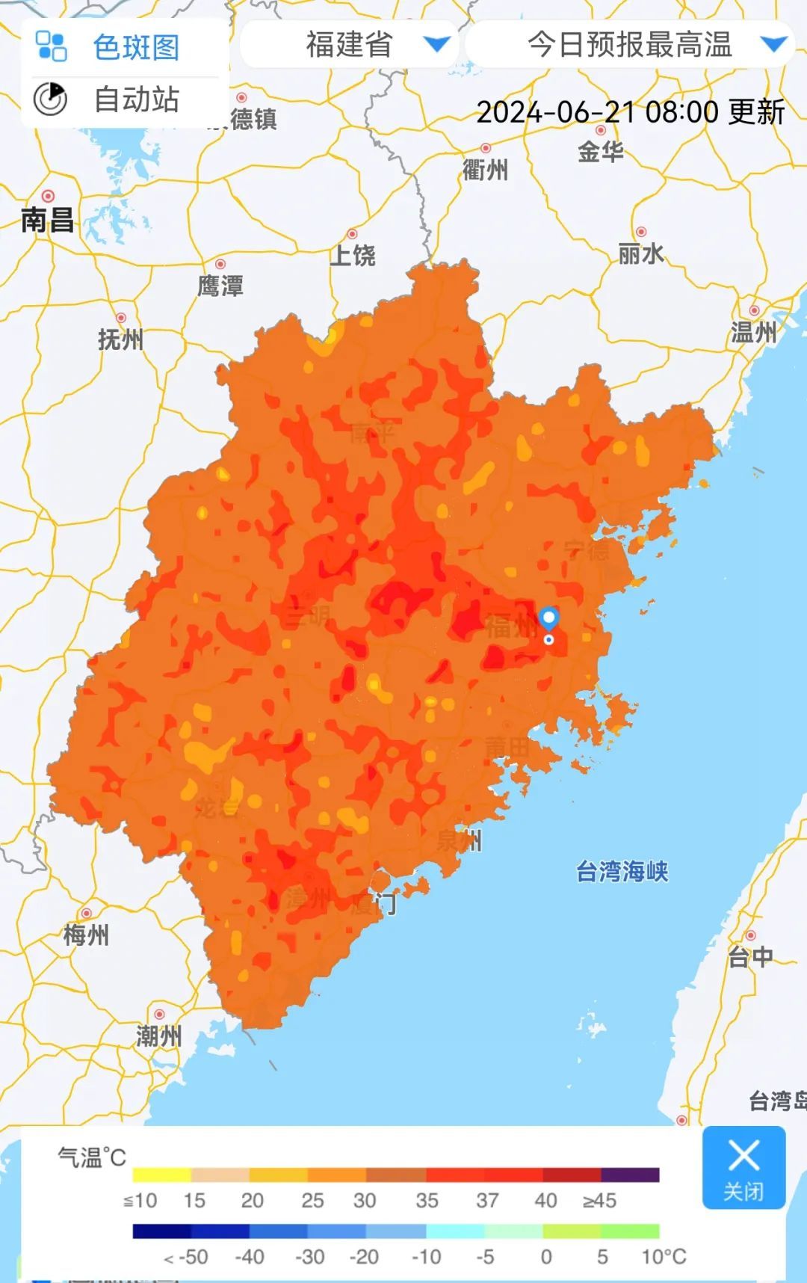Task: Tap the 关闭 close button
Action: pos(743,1167)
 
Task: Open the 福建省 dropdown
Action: pos(349,44)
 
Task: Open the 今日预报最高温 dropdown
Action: pos(629,44)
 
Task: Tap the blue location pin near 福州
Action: pos(549,619)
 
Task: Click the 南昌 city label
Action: pos(47,220)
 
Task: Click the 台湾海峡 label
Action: pos(622,871)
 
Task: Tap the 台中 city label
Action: pos(750,956)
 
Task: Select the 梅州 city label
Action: pos(86,935)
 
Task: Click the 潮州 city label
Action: pos(158,1036)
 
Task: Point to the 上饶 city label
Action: pos(353,255)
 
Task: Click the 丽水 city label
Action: pos(640,253)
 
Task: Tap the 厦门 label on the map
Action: pos(374,903)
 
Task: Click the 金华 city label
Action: pos(600,152)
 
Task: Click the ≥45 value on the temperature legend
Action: pos(599,1201)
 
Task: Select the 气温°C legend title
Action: pos(92,1157)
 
